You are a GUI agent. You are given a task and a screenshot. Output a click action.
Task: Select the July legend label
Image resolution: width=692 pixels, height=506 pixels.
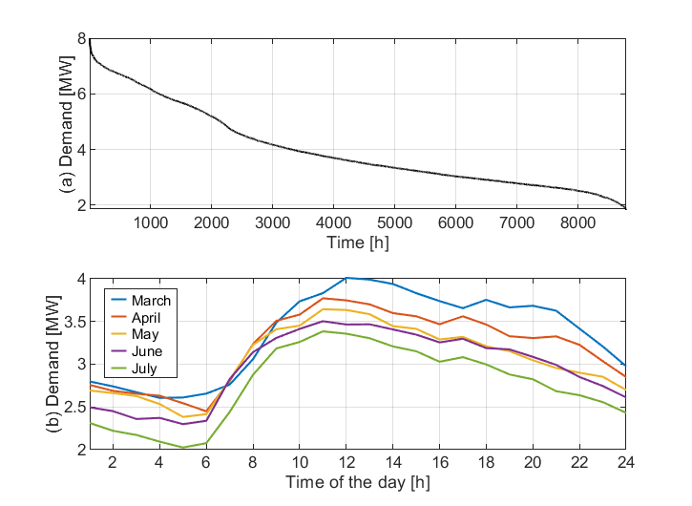149,368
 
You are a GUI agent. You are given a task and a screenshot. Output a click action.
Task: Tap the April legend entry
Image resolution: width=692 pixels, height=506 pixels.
149,318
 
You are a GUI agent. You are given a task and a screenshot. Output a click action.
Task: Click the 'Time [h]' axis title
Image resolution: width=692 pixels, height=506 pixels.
357,242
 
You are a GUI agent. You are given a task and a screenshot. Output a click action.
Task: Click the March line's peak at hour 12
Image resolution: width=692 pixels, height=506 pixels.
346,278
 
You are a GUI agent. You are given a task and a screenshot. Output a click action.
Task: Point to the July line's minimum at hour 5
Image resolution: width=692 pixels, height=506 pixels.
182,447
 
